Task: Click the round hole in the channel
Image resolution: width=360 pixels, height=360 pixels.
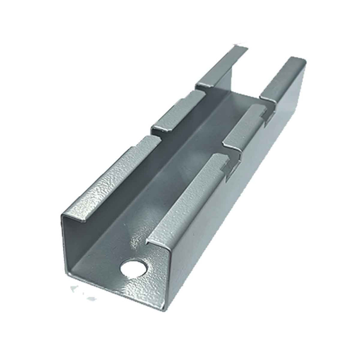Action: (x=132, y=269)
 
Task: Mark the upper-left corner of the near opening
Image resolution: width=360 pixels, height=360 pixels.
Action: (x=63, y=216)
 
